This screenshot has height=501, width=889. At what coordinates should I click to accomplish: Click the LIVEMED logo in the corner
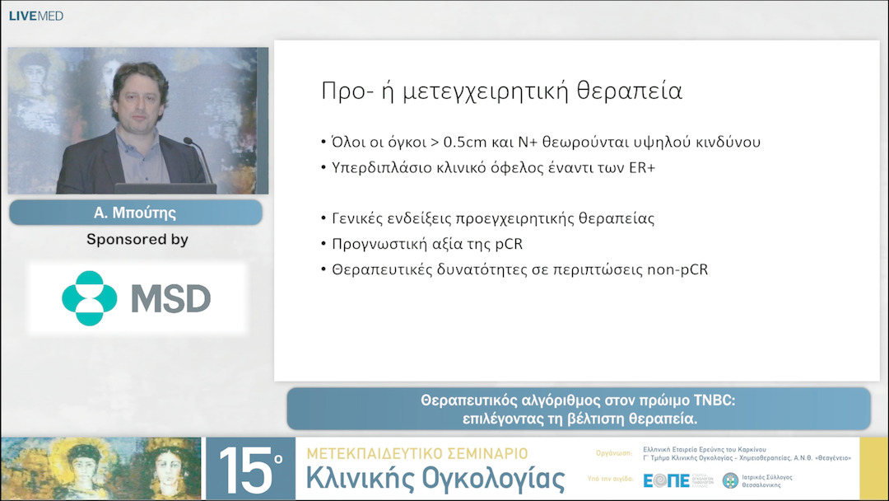[35, 16]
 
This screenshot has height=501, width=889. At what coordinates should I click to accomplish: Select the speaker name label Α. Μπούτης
[136, 213]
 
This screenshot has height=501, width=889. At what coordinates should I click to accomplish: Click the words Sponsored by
[137, 240]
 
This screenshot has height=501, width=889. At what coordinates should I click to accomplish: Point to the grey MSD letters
[171, 298]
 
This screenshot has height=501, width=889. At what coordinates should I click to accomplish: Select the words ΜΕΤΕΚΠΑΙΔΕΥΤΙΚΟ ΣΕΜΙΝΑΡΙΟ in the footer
[417, 454]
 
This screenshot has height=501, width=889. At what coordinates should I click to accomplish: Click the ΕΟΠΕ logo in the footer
[667, 480]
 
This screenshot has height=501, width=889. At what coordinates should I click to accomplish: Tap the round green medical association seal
[730, 480]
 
